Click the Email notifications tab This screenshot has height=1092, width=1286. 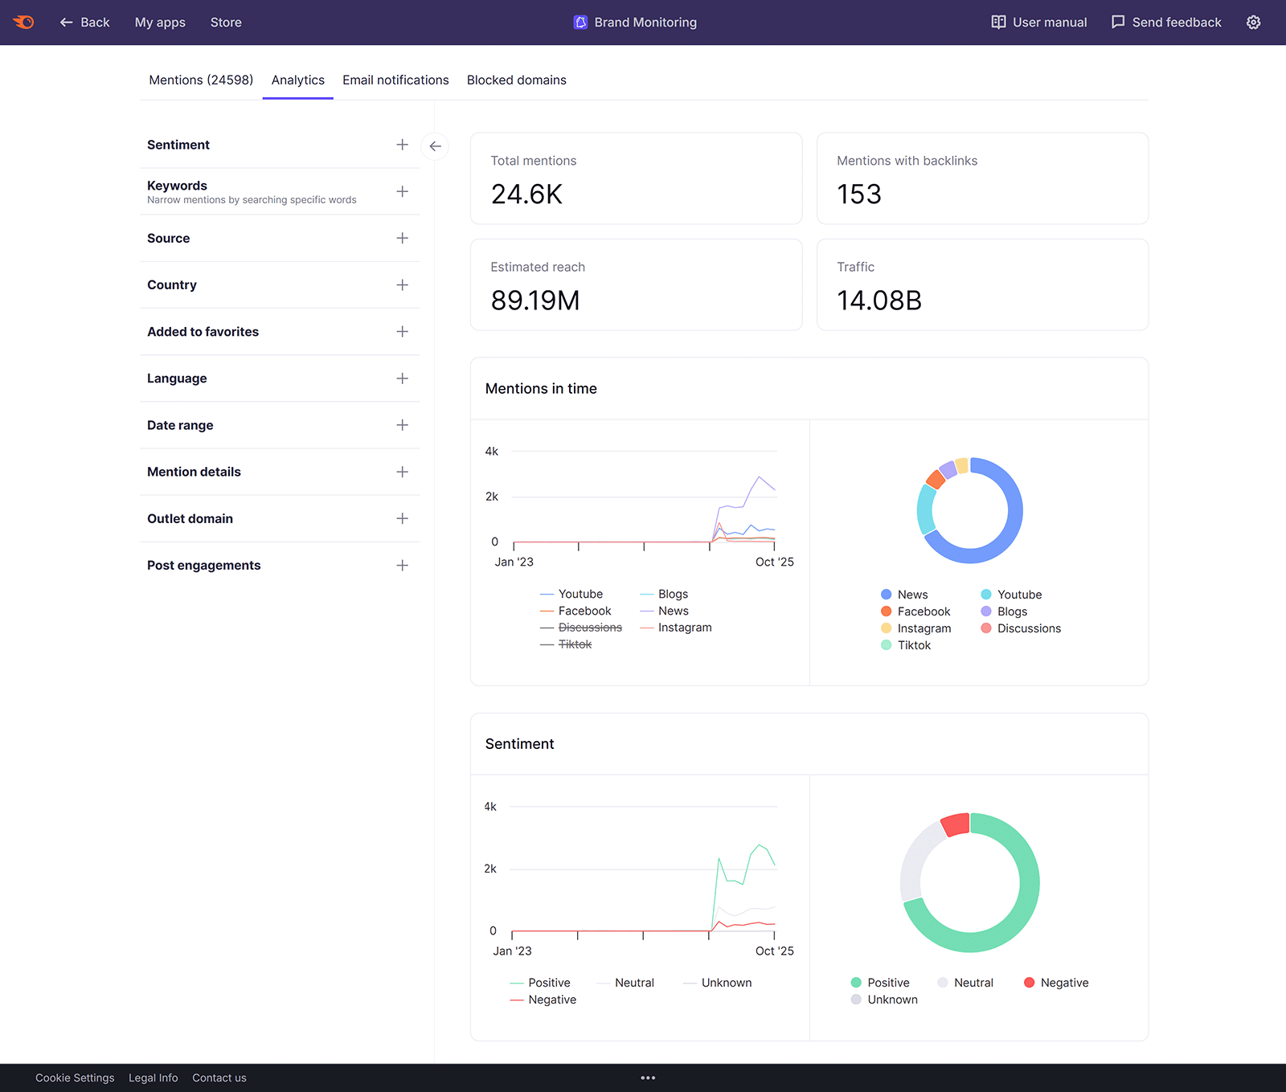pos(395,80)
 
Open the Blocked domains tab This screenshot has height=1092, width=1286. pos(516,80)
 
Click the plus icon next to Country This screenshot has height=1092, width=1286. pos(402,285)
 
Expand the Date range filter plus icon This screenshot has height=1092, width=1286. pos(402,425)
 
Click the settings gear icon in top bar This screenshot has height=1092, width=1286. pos(1253,22)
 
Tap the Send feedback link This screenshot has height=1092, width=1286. pos(1166,22)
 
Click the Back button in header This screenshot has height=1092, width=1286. pos(84,22)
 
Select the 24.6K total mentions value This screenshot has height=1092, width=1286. pos(526,194)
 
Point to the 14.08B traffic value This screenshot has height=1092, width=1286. pos(878,301)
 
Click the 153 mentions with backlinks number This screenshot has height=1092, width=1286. pos(858,194)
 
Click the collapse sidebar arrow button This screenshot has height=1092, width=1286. pos(435,146)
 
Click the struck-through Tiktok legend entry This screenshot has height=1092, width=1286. pos(575,644)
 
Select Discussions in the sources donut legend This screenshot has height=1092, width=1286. pos(1028,628)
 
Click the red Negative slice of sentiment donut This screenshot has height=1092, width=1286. pos(956,824)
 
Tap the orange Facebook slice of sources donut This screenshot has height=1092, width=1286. pos(935,479)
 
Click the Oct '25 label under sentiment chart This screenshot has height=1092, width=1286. pos(774,951)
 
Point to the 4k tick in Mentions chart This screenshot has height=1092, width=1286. pos(491,452)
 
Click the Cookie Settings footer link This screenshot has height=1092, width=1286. pos(75,1078)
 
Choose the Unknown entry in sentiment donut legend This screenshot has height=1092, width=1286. pos(891,1000)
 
